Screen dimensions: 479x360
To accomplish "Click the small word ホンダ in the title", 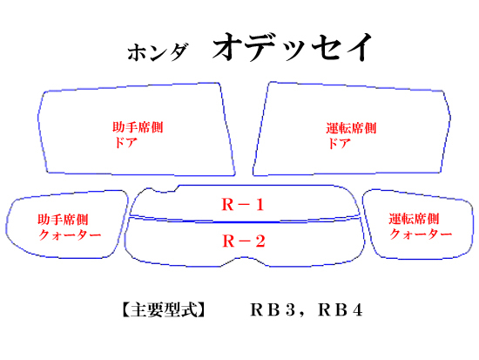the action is pyautogui.click(x=158, y=51).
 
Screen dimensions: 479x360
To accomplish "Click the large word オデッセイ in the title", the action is pyautogui.click(x=293, y=47).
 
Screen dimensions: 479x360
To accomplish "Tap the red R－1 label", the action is pyautogui.click(x=243, y=204).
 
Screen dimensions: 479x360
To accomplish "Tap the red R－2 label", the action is pyautogui.click(x=244, y=241).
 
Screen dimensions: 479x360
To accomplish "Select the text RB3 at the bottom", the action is pyautogui.click(x=273, y=309).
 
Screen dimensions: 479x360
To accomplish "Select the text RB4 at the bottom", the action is pyautogui.click(x=341, y=309).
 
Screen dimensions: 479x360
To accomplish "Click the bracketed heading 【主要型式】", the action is pyautogui.click(x=164, y=309).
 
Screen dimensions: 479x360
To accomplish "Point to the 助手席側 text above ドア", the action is pyautogui.click(x=138, y=127).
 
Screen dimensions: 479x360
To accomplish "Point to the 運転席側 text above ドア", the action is pyautogui.click(x=351, y=128).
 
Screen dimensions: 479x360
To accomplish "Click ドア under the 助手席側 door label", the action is pyautogui.click(x=125, y=143).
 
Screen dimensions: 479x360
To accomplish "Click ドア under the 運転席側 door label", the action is pyautogui.click(x=339, y=143).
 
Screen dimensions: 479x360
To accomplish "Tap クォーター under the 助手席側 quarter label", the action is pyautogui.click(x=70, y=234).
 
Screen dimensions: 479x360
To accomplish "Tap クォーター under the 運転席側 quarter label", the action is pyautogui.click(x=421, y=234).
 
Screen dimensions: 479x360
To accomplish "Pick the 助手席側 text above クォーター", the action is pyautogui.click(x=63, y=220).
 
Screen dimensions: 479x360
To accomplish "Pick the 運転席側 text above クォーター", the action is pyautogui.click(x=414, y=219).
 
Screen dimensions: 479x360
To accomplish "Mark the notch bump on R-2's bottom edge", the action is pyautogui.click(x=244, y=258).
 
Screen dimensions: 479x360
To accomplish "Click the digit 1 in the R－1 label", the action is pyautogui.click(x=260, y=204).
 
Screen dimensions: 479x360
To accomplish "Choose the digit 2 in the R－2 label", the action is pyautogui.click(x=260, y=241).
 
